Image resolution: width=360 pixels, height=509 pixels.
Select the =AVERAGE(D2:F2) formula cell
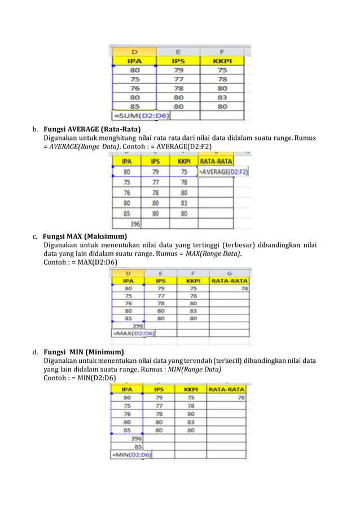tap(223, 172)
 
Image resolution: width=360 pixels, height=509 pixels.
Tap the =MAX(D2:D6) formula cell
tap(133, 333)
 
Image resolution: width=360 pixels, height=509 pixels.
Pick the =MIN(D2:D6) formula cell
tap(131, 454)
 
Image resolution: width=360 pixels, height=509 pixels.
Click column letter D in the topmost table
tap(135, 51)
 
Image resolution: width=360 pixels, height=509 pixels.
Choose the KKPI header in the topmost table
tap(222, 60)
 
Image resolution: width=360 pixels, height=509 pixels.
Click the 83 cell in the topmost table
tap(222, 96)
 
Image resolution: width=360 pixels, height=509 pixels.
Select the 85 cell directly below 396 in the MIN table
tap(137, 446)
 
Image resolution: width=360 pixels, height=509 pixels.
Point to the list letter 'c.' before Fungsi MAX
tap(35, 236)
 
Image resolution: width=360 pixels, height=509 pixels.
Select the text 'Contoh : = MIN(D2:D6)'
tap(80, 378)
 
